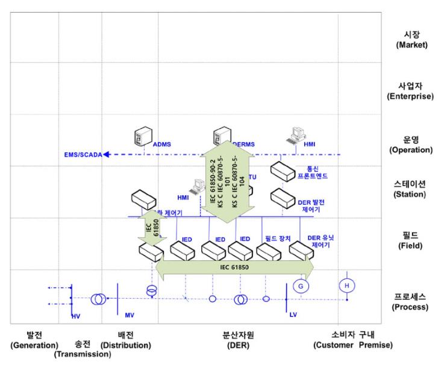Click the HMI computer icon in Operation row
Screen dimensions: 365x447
click(x=296, y=136)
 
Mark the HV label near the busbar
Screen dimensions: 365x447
click(x=75, y=315)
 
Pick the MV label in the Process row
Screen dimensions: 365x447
click(x=130, y=315)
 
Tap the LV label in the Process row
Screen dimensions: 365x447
click(x=293, y=315)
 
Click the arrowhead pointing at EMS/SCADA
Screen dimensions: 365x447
click(x=107, y=155)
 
